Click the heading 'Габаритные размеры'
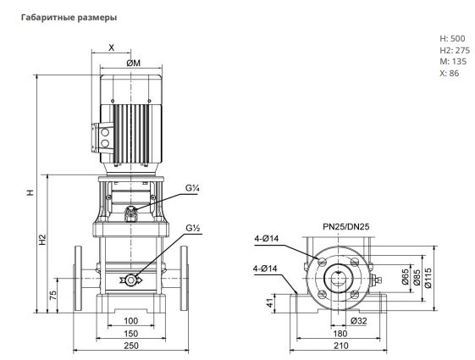click(69, 18)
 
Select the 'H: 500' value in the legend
click(452, 38)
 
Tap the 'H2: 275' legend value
click(455, 50)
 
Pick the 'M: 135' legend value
click(453, 62)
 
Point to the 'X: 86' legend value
click(450, 73)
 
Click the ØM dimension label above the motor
click(134, 63)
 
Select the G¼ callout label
click(192, 188)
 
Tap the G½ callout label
click(193, 228)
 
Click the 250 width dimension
click(131, 345)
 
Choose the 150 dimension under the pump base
click(131, 334)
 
